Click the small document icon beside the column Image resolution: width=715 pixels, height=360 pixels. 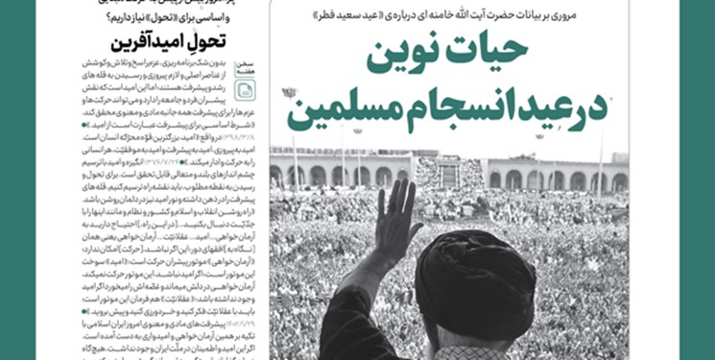(x=246, y=90)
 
